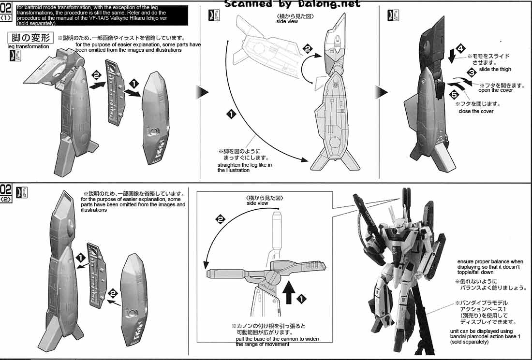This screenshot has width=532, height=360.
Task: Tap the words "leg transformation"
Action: (x=28, y=46)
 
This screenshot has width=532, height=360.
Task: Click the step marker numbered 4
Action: (x=460, y=49)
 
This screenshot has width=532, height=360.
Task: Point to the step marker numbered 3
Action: (x=471, y=72)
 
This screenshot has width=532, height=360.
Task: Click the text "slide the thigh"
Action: (x=495, y=70)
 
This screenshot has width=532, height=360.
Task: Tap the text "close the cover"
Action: (x=476, y=112)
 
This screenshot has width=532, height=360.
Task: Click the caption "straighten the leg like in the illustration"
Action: (x=244, y=168)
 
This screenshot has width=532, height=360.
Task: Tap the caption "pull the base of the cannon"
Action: (x=277, y=341)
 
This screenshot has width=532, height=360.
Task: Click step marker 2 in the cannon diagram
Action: (x=220, y=220)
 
